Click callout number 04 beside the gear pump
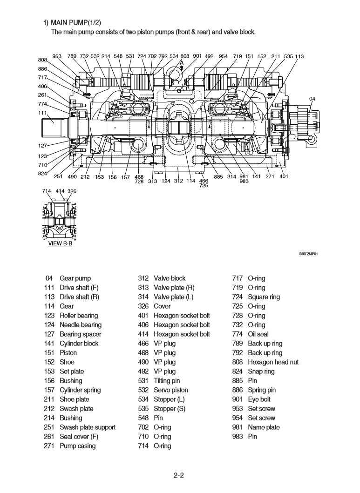pyautogui.click(x=312, y=99)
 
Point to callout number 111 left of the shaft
pyautogui.click(x=42, y=113)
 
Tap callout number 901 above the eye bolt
pyautogui.click(x=197, y=56)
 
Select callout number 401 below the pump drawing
pyautogui.click(x=284, y=176)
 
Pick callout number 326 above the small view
pyautogui.click(x=72, y=191)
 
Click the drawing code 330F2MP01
pyautogui.click(x=309, y=254)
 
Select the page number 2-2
pyautogui.click(x=179, y=475)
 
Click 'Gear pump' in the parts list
pyautogui.click(x=75, y=278)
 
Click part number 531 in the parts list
pyautogui.click(x=143, y=381)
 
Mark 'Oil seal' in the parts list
pyautogui.click(x=258, y=334)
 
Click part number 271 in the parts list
pyautogui.click(x=49, y=446)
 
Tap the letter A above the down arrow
pyautogui.click(x=182, y=62)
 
